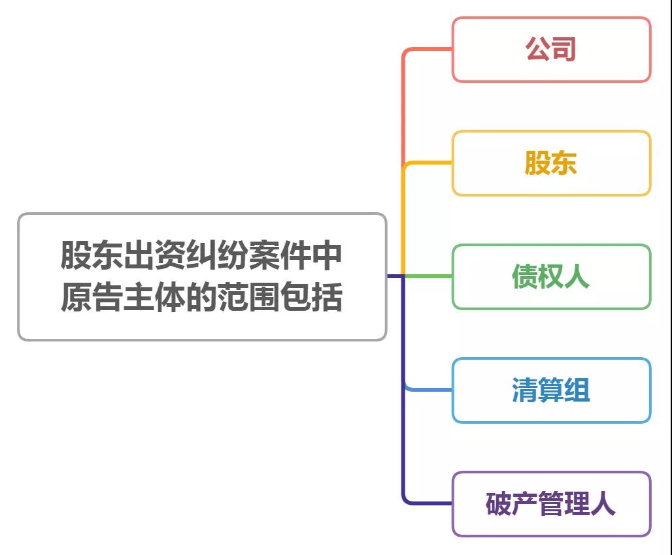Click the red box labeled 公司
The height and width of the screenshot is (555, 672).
click(551, 50)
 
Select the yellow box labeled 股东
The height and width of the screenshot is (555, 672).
click(551, 163)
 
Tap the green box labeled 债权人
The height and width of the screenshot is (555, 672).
click(551, 277)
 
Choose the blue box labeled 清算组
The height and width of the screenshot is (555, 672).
click(551, 390)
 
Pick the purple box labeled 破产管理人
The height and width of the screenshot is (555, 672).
click(551, 504)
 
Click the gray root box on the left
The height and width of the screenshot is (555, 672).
click(202, 277)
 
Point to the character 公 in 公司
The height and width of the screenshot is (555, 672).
click(538, 50)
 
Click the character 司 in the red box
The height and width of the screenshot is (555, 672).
click(564, 50)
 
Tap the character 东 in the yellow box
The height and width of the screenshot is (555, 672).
click(564, 163)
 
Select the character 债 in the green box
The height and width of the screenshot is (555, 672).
click(525, 277)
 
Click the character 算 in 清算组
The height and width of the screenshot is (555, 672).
click(551, 390)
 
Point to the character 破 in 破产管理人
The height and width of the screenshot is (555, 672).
click(499, 504)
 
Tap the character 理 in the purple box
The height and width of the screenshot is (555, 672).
click(577, 504)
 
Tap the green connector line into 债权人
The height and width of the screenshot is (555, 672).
click(428, 276)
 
